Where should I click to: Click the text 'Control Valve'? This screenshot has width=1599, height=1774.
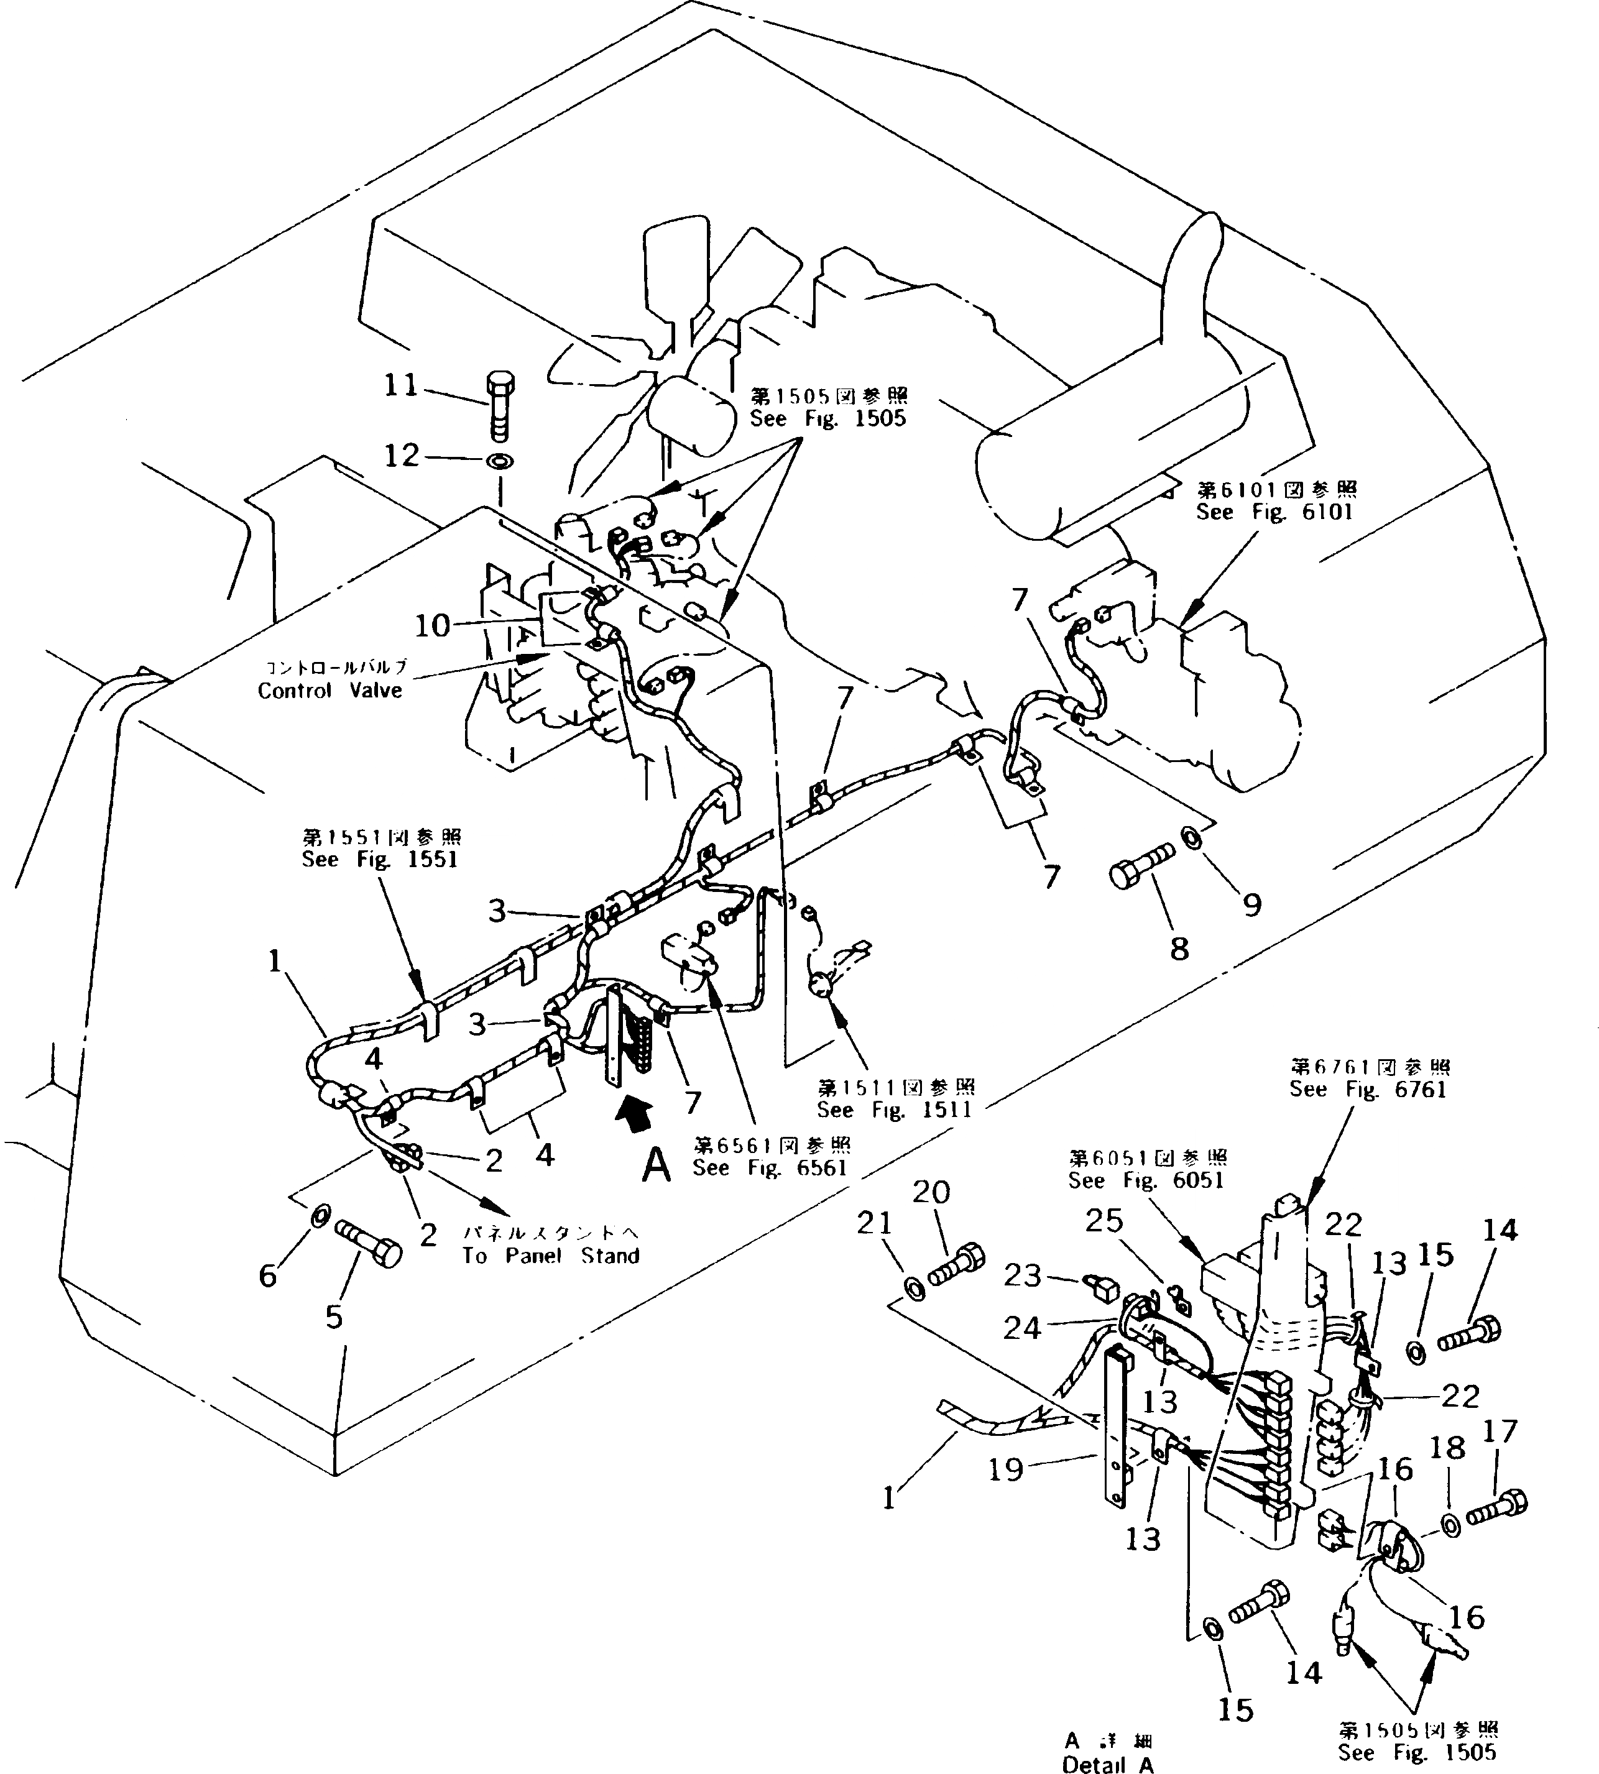click(x=329, y=691)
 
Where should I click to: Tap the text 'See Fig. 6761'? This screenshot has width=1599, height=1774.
click(x=1368, y=1089)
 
